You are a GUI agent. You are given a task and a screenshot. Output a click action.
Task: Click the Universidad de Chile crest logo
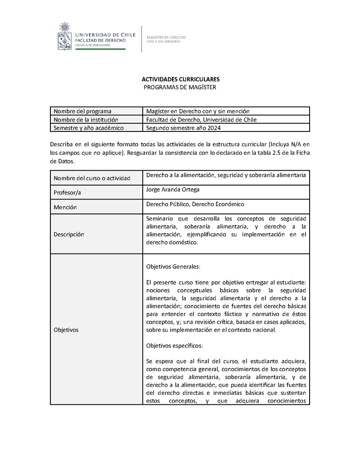(x=65, y=36)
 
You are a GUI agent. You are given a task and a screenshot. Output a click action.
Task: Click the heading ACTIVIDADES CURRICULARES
(x=180, y=79)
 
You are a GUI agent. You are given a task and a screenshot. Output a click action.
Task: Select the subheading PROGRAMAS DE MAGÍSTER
(x=180, y=87)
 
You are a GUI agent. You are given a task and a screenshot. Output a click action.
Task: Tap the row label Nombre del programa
(x=82, y=111)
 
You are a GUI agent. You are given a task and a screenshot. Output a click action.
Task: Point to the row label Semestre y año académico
(x=88, y=127)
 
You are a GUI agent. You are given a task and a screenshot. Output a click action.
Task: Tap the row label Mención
(x=65, y=208)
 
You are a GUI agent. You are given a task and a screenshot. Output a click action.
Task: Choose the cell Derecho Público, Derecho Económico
(x=195, y=204)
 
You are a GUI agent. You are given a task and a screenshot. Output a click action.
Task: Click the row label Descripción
(x=69, y=234)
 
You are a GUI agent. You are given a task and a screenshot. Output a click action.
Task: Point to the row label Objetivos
(x=66, y=330)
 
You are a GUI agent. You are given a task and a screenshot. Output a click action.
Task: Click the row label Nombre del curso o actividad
(x=92, y=178)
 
